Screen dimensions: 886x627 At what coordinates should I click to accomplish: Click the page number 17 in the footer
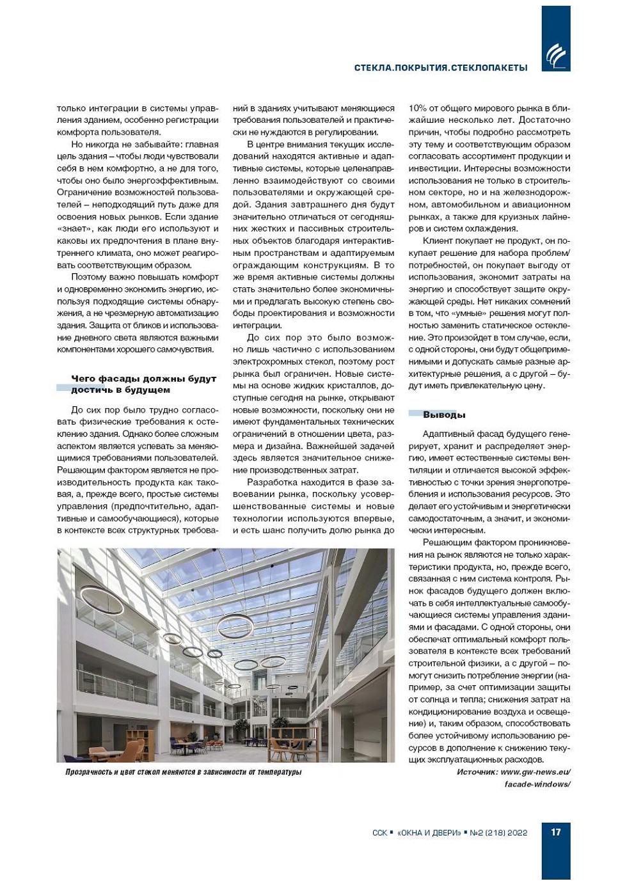[555, 832]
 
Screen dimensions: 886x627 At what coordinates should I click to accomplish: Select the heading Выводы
[444, 415]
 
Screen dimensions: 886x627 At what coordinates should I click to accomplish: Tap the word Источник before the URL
[477, 771]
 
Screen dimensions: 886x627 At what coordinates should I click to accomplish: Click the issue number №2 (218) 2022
[498, 832]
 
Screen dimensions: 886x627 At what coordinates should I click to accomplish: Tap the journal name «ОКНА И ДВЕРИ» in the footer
[429, 832]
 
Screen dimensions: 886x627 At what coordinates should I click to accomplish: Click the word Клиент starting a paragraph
[438, 241]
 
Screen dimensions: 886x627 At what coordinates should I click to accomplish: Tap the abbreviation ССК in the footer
[379, 832]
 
